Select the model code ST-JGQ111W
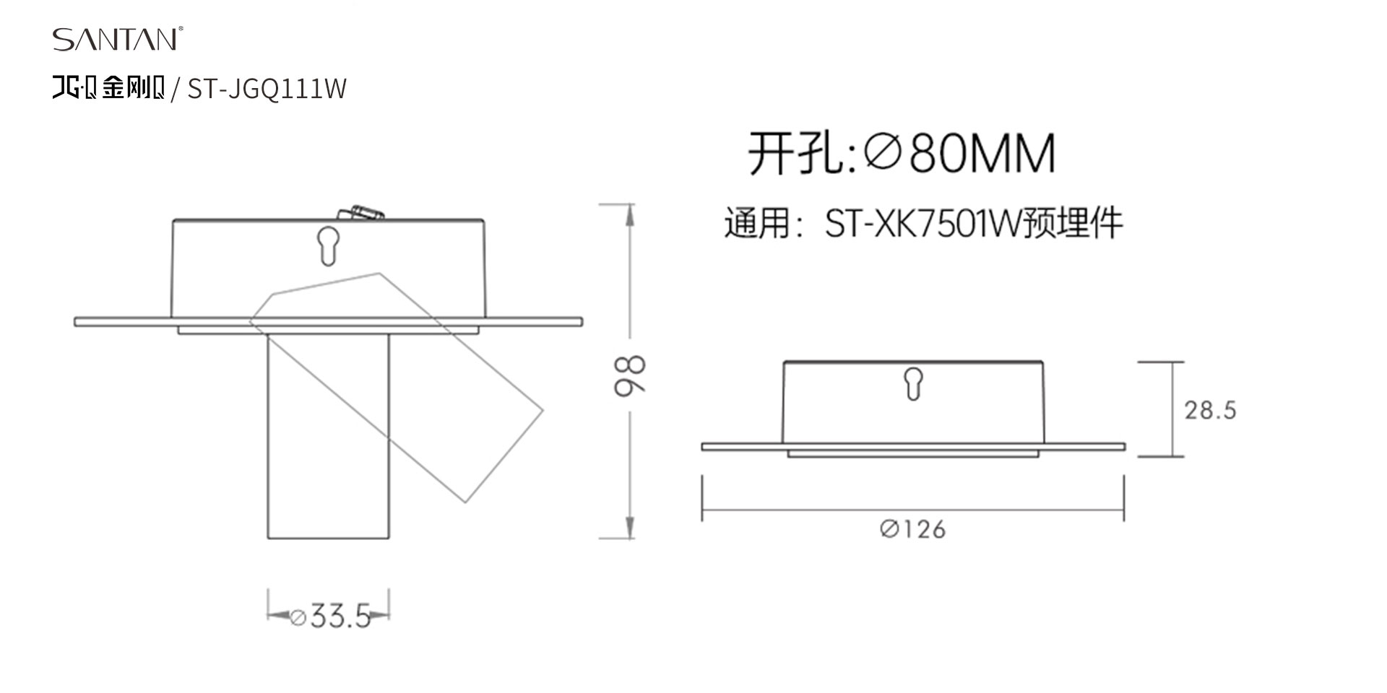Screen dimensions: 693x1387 point(267,89)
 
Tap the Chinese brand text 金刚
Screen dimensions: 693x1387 point(124,87)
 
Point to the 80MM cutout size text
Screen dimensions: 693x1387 point(982,153)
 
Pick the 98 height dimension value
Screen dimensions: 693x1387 point(629,375)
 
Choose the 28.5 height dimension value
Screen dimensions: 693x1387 point(1210,411)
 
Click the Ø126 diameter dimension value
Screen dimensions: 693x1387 point(913,530)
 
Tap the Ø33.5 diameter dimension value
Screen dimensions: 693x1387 point(330,616)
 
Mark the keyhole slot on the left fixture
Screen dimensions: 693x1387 point(328,246)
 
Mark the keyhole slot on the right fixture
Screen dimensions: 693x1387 point(914,383)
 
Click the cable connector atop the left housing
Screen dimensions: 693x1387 point(360,213)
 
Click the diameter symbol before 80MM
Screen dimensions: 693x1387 point(882,153)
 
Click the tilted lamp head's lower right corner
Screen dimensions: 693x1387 point(465,502)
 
